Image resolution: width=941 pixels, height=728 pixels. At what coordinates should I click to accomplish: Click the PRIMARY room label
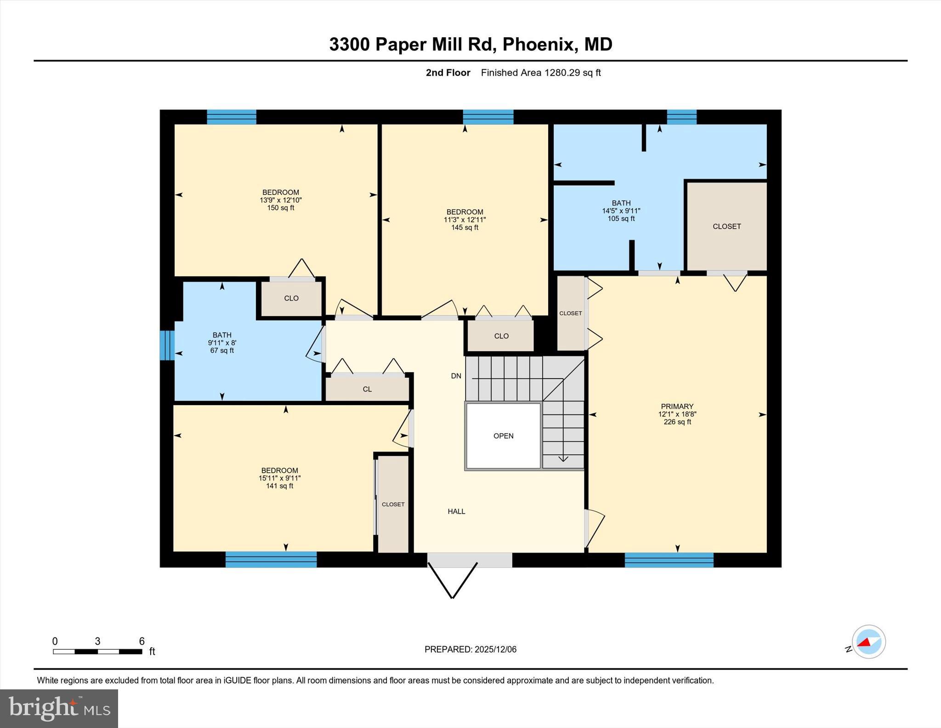(x=677, y=407)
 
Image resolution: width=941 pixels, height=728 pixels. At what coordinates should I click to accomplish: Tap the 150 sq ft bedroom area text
(x=280, y=208)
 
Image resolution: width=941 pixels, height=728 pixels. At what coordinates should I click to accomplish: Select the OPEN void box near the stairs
(x=503, y=436)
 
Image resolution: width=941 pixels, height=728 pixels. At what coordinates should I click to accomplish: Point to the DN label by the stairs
(x=456, y=376)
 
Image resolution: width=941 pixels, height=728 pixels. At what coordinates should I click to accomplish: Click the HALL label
(x=456, y=511)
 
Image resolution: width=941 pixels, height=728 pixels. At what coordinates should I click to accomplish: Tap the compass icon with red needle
(x=868, y=642)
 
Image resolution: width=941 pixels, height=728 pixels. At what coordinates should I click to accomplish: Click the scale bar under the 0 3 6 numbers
(x=97, y=651)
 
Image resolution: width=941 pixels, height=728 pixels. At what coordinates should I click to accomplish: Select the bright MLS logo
(x=59, y=708)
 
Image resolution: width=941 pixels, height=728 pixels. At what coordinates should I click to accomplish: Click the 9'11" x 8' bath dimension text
(x=222, y=343)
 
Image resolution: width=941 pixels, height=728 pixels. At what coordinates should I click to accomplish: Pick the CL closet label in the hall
(x=367, y=389)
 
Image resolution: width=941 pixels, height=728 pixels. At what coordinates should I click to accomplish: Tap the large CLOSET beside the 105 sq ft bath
(x=726, y=226)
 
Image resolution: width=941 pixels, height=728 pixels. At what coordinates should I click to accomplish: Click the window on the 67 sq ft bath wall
(x=167, y=345)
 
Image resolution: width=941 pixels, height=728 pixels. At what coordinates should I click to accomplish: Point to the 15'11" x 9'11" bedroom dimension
(x=279, y=478)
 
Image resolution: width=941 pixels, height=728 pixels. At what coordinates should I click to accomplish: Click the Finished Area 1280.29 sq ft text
(x=541, y=73)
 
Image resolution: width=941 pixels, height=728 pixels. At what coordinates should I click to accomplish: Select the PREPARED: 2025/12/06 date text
(x=470, y=649)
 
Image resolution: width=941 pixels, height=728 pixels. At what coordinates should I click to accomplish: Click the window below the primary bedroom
(x=669, y=560)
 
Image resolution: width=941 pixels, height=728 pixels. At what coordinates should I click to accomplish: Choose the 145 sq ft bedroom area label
(x=465, y=228)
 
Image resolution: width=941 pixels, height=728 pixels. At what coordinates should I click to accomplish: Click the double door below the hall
(x=469, y=560)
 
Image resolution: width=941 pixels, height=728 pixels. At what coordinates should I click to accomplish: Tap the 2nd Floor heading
(x=448, y=73)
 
